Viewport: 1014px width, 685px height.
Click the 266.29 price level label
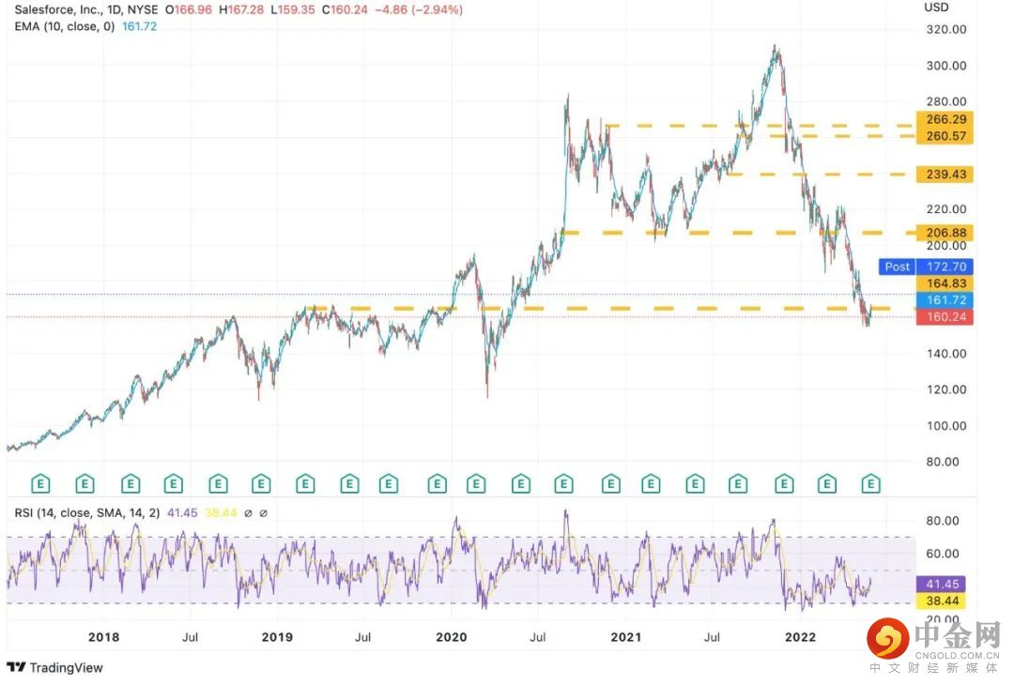point(945,119)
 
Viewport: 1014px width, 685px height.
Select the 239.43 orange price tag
point(945,175)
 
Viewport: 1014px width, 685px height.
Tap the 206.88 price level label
point(945,233)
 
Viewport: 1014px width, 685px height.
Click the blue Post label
point(897,266)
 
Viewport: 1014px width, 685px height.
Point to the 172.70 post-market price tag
point(945,266)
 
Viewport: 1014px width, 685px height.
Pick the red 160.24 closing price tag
point(945,317)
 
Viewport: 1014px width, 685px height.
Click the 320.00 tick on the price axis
point(945,29)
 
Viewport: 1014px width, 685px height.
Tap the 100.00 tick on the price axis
point(945,425)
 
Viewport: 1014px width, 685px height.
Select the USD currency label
point(936,8)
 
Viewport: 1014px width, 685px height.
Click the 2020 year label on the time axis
point(451,637)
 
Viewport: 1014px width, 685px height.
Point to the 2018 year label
point(103,637)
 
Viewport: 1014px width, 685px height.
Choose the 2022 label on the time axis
point(800,637)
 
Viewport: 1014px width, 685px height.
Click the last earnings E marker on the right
point(870,484)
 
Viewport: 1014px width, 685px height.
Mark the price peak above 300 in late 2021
point(775,46)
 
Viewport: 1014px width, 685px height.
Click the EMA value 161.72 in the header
point(141,26)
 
